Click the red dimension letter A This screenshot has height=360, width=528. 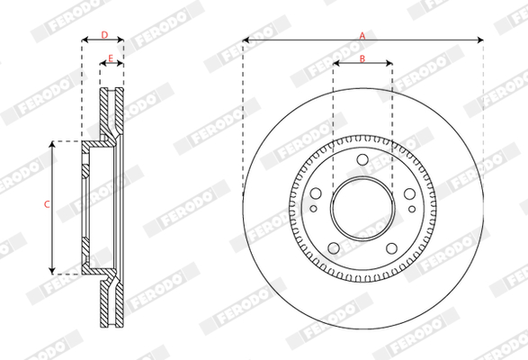click(x=362, y=35)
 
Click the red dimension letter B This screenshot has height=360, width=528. click(x=362, y=58)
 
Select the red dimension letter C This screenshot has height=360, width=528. click(x=47, y=204)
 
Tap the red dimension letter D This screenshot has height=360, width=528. click(x=104, y=35)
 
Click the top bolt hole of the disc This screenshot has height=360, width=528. click(x=362, y=159)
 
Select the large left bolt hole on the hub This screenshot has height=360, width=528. click(x=316, y=193)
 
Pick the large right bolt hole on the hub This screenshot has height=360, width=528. click(x=409, y=193)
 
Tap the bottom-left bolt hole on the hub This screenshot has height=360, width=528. click(x=334, y=248)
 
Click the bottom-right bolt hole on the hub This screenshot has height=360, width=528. click(x=391, y=248)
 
